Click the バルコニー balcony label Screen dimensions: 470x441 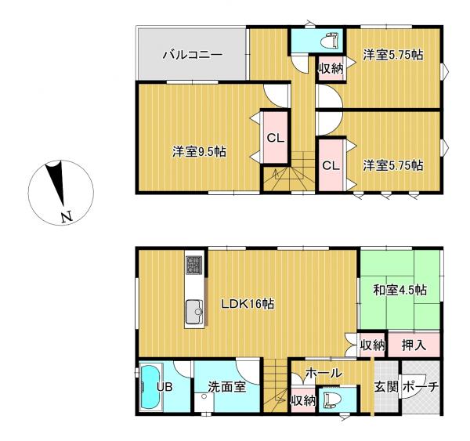[x=193, y=55]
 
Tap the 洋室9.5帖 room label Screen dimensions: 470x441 [x=199, y=152]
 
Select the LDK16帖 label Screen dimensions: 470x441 [x=248, y=304]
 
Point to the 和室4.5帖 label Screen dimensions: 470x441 [x=399, y=290]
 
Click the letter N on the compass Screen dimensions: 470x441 [x=67, y=217]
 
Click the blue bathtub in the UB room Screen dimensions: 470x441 [x=150, y=386]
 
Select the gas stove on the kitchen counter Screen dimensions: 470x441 [x=195, y=265]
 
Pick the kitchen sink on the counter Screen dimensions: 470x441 [x=194, y=312]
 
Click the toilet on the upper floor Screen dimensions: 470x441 [x=330, y=41]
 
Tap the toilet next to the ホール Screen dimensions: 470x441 [x=330, y=399]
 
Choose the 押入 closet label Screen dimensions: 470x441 [x=414, y=345]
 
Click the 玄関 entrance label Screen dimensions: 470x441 [x=386, y=387]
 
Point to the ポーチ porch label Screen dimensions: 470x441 [x=421, y=387]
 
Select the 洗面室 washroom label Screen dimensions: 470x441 [x=227, y=387]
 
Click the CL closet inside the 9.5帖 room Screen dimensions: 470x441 [x=276, y=138]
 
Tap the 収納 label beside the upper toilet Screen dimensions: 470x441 [x=331, y=69]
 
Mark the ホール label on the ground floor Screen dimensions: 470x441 [x=324, y=374]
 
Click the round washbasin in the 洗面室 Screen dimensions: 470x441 [x=204, y=396]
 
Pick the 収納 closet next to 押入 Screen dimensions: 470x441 [x=372, y=345]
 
